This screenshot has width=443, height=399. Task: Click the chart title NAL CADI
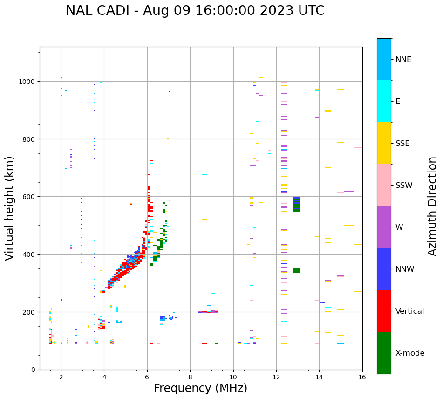click(195, 11)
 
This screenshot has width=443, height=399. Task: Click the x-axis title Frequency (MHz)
click(200, 388)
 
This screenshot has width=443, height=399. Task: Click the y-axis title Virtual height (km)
click(10, 208)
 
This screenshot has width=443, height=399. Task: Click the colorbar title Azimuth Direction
click(433, 206)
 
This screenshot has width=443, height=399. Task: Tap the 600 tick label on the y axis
click(30, 197)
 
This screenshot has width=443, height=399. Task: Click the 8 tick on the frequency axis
click(190, 378)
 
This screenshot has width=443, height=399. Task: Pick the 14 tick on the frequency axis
click(319, 378)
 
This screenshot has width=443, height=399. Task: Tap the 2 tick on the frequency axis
click(61, 378)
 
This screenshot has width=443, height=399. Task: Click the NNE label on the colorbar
click(403, 60)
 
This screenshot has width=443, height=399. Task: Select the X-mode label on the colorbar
click(410, 353)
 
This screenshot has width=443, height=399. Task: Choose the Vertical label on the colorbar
click(410, 311)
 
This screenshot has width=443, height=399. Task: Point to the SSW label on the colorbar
click(404, 186)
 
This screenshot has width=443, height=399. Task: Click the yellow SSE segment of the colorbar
click(384, 143)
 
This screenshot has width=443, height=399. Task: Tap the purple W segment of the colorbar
click(384, 227)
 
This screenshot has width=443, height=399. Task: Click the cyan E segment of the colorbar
click(384, 101)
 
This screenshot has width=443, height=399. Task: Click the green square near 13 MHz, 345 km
click(296, 270)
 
